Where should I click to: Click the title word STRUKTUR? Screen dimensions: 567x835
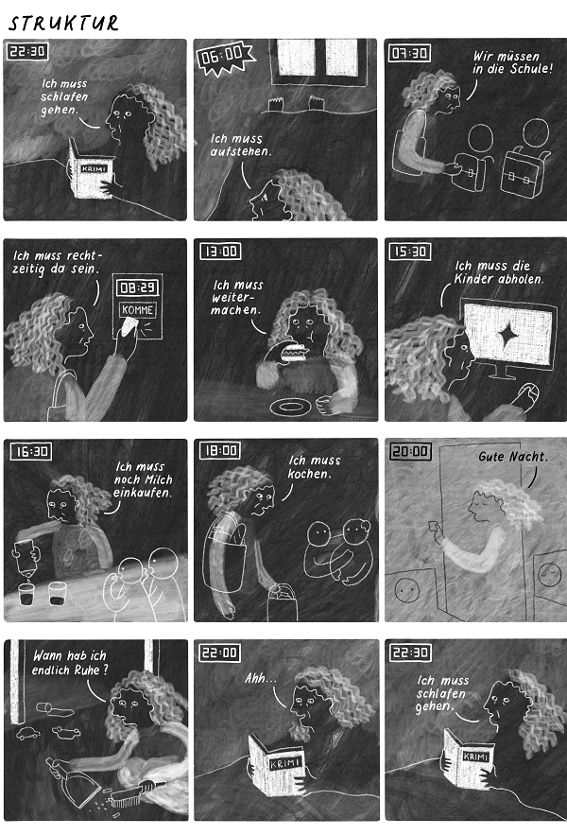point(63,23)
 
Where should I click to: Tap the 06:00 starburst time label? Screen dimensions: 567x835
point(225,56)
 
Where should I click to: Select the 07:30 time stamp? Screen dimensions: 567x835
point(409,53)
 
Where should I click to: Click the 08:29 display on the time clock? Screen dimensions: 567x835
point(137,288)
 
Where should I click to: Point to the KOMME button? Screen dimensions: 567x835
point(137,309)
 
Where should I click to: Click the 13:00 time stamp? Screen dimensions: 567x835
point(220,251)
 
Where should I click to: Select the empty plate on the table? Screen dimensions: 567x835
point(290,408)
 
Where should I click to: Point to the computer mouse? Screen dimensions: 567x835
point(528,394)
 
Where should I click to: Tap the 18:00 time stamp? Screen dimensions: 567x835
point(220,450)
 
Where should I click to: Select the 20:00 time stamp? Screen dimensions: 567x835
point(410,452)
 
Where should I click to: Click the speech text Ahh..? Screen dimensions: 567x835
point(260,678)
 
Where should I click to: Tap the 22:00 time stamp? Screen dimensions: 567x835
point(220,652)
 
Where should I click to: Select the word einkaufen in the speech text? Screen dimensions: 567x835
point(142,492)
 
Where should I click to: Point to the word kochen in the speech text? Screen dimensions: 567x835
point(309,474)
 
